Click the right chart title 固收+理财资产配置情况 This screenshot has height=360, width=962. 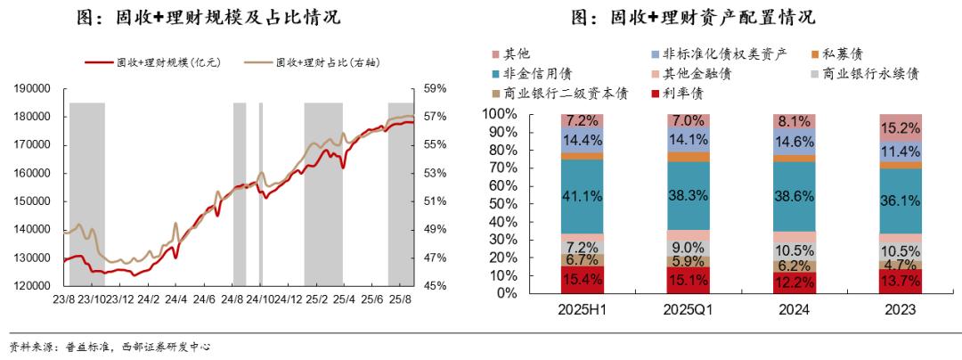coord(694,18)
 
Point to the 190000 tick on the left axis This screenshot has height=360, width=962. coord(30,88)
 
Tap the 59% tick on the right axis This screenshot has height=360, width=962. coord(435,88)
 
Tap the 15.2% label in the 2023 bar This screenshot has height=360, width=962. coord(901,127)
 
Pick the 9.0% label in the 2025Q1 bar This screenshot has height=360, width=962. coord(689,248)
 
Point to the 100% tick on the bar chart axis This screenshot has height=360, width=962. coord(499,114)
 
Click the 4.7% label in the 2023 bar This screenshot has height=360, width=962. coord(901,265)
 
